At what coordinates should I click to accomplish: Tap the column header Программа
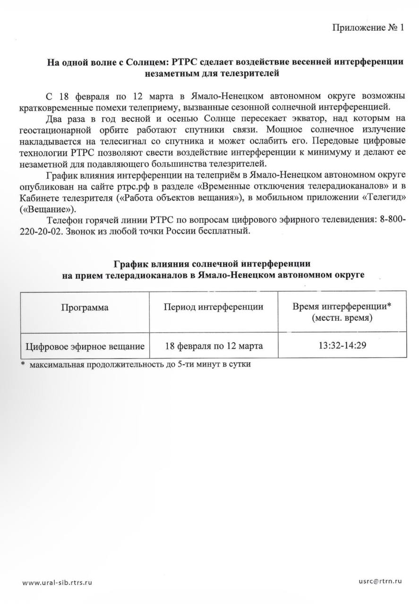85,308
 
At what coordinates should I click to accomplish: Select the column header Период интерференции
214,308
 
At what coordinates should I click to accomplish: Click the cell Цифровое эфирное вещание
85,346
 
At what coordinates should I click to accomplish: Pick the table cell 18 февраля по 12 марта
214,346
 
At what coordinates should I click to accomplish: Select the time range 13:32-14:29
342,346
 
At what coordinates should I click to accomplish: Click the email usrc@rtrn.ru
380,582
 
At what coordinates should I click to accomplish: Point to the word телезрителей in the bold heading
254,73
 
